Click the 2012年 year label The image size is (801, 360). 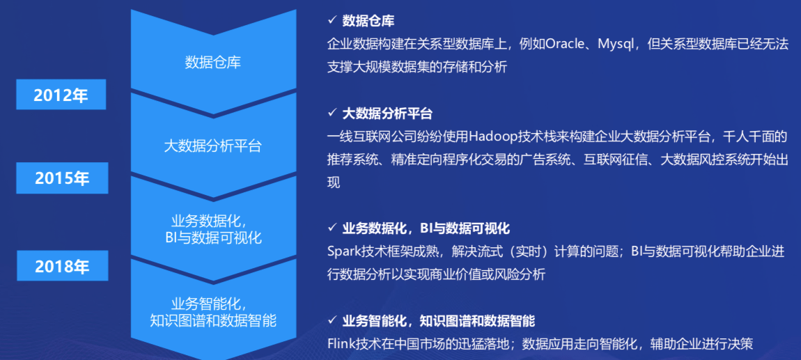(61, 95)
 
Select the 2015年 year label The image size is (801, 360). (63, 179)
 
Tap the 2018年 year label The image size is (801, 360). (63, 266)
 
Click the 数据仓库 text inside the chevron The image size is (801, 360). (213, 63)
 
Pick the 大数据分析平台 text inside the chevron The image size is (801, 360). (213, 146)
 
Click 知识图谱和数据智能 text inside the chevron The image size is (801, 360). (213, 320)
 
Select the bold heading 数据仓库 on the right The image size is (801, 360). (368, 21)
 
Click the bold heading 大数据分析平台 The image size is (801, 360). (387, 114)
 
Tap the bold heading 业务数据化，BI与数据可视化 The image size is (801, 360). (426, 228)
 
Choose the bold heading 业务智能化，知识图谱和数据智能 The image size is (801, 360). (438, 321)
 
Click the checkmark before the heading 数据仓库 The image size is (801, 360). (332, 21)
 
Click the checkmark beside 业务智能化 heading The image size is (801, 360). (332, 321)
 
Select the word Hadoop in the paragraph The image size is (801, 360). (492, 136)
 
